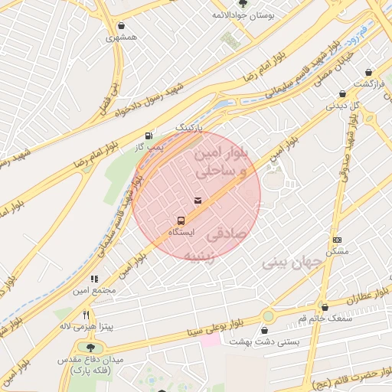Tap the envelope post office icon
pos(198,201)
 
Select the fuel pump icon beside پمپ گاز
pos(148,135)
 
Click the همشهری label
pos(122,36)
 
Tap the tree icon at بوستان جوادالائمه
pos(243,4)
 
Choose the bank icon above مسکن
pos(337,240)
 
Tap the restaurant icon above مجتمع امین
pos(95,279)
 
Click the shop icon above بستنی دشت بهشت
pos(264,331)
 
